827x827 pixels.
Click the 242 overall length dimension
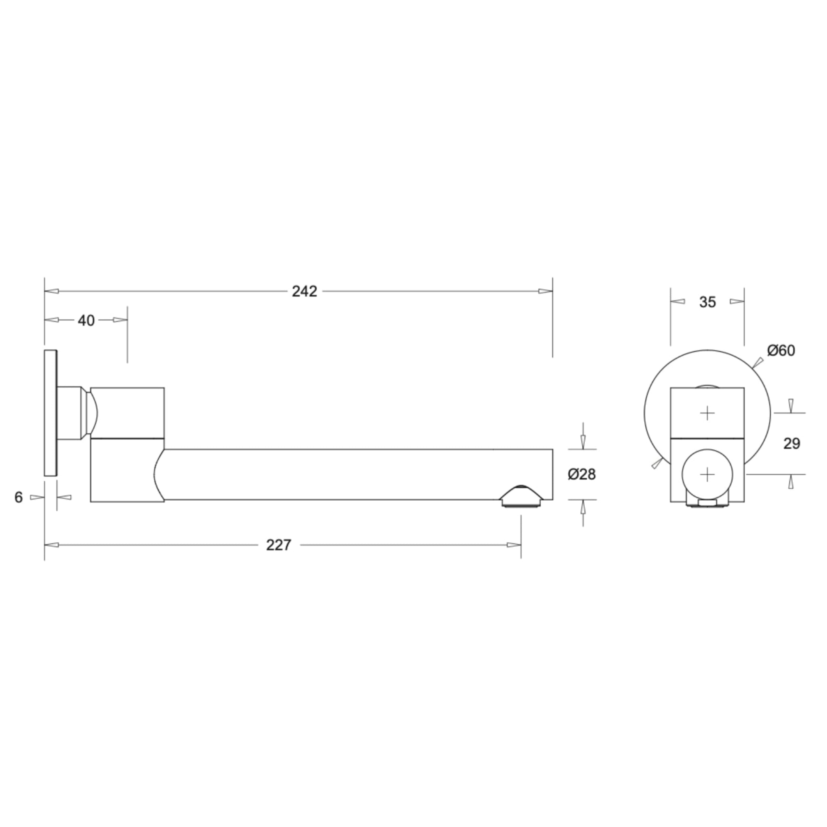(x=304, y=292)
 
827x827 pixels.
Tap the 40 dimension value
(x=86, y=320)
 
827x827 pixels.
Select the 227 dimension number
(x=279, y=545)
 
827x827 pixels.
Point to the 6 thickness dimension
(x=19, y=497)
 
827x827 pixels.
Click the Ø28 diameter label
(x=582, y=474)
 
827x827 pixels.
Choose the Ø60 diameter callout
(x=781, y=351)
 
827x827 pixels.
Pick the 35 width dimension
(x=707, y=302)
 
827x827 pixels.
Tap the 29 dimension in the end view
(x=791, y=443)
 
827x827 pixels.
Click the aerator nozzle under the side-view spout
(x=521, y=497)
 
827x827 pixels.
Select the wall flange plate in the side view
(x=50, y=413)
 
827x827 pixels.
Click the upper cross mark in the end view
(x=707, y=413)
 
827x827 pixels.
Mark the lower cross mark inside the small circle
(x=707, y=474)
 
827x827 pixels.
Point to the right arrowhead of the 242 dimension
(x=545, y=292)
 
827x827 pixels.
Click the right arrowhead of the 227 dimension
(x=514, y=545)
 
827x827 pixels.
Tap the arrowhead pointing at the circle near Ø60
(x=757, y=363)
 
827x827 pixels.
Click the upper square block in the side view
(x=127, y=413)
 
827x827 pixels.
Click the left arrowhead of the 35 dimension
(x=678, y=301)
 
